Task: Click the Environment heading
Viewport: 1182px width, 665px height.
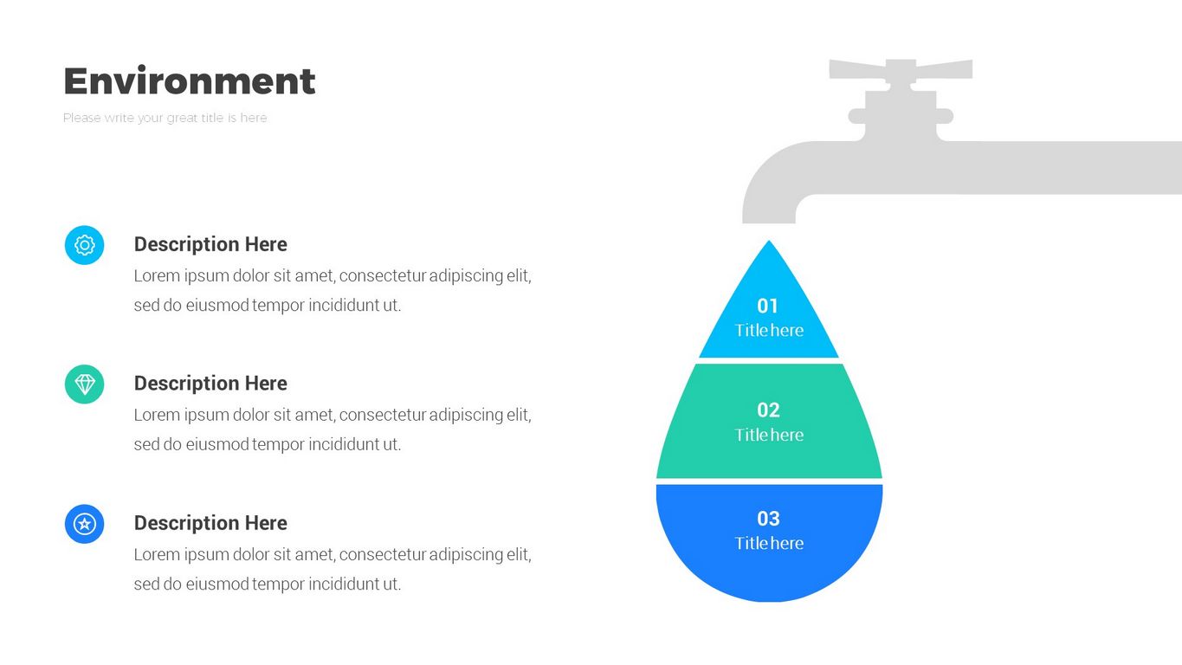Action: (x=190, y=81)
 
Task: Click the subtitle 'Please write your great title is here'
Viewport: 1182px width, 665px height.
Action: (x=165, y=118)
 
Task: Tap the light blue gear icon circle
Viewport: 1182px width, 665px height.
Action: (x=84, y=245)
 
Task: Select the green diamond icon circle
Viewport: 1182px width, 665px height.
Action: (x=84, y=384)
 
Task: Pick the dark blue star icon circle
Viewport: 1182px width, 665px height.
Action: (x=84, y=524)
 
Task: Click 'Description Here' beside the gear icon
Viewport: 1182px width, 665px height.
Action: (x=210, y=244)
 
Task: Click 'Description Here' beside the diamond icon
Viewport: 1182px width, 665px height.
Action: (x=210, y=383)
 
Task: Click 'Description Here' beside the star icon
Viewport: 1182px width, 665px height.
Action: (x=210, y=523)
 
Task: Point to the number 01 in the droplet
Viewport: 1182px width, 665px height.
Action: (x=768, y=306)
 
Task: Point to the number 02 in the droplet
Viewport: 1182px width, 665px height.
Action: (x=768, y=410)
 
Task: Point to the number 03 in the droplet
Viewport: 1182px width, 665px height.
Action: (x=768, y=519)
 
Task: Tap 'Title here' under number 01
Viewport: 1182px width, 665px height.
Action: (x=769, y=330)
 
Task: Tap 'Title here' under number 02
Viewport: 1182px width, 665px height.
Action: (x=769, y=435)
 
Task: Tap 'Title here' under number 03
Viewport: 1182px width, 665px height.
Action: (x=769, y=543)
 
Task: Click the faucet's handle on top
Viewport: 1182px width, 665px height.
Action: (x=901, y=69)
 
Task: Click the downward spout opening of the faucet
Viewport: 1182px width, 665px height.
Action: (x=769, y=216)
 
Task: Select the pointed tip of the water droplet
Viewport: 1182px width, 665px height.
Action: (x=769, y=246)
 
